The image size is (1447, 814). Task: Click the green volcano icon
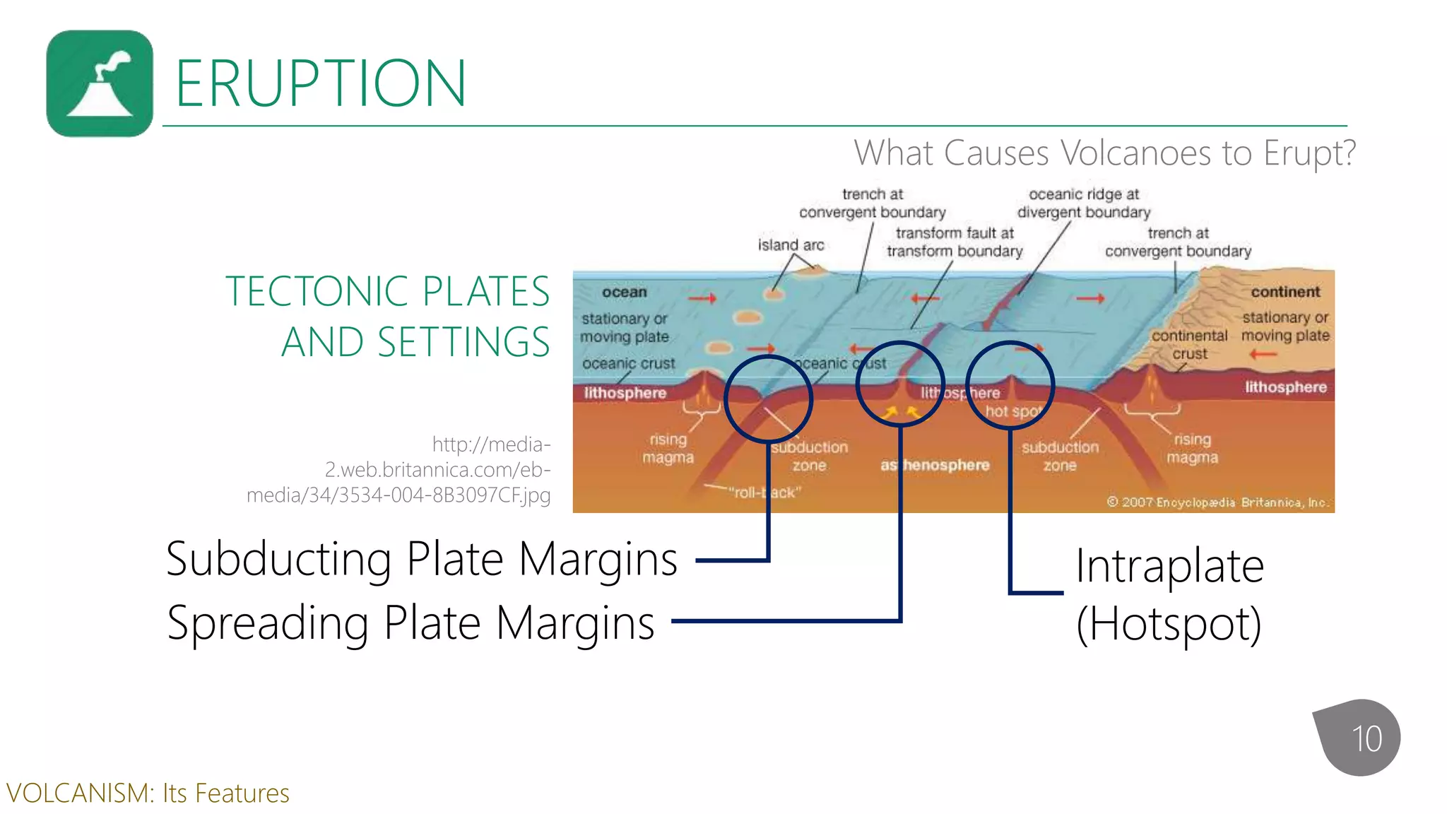100,83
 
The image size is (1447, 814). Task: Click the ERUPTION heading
320,83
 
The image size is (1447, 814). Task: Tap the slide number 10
1366,739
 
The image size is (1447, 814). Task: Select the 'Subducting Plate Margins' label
422,559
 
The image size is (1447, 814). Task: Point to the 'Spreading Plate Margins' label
411,623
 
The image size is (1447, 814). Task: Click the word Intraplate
1169,566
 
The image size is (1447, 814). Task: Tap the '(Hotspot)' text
1169,624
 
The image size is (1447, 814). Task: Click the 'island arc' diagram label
791,245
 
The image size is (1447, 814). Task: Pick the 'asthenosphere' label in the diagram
935,465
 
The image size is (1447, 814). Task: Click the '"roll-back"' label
765,492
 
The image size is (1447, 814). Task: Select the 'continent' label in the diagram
1285,292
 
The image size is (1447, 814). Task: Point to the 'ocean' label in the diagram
624,292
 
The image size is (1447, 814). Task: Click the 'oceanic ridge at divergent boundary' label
1084,203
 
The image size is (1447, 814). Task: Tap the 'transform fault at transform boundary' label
955,242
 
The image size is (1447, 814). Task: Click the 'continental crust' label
1190,344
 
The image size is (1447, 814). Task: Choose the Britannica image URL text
399,469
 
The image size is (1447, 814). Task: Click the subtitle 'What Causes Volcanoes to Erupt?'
1104,153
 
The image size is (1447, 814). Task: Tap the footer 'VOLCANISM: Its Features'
148,794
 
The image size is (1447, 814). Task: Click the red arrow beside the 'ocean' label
702,298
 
